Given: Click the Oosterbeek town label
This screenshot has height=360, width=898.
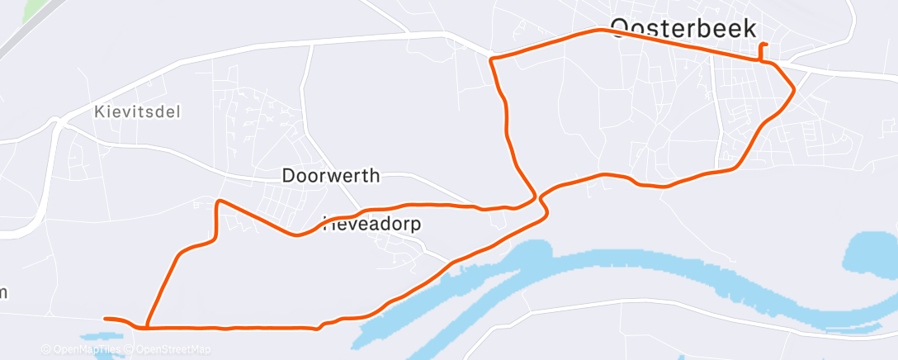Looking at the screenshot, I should [x=683, y=29].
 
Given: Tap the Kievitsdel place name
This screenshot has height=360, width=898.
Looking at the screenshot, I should [x=137, y=111].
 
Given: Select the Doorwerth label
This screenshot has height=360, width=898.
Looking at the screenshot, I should [x=331, y=176].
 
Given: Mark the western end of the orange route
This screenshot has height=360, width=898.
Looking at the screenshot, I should [x=105, y=318].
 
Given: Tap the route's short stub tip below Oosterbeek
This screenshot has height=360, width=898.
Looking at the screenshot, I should [x=767, y=44].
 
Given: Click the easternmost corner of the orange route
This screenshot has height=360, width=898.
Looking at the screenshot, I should [x=794, y=88].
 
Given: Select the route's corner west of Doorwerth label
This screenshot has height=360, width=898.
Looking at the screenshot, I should [x=219, y=201].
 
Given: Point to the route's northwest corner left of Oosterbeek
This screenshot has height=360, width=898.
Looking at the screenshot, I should [x=492, y=59].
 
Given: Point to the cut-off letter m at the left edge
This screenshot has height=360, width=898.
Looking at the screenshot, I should [x=3, y=292].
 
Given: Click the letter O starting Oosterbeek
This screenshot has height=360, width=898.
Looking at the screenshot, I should [x=622, y=29].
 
